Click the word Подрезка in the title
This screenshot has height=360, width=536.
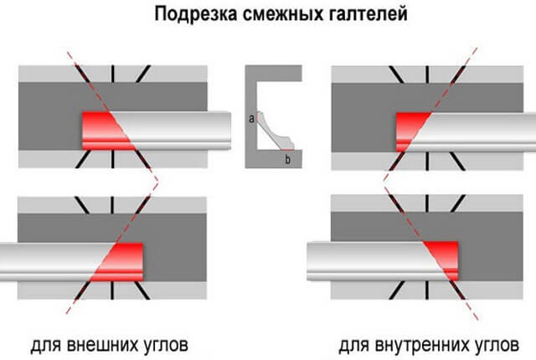click(x=196, y=14)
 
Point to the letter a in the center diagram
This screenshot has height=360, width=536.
click(x=251, y=119)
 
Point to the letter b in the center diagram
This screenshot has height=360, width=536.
click(x=288, y=159)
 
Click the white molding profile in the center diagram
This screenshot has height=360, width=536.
click(x=275, y=131)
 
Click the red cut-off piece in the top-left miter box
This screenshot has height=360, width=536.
click(x=104, y=131)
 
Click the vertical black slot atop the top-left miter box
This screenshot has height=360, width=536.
click(x=112, y=74)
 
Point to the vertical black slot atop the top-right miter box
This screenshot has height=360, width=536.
click(x=427, y=75)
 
